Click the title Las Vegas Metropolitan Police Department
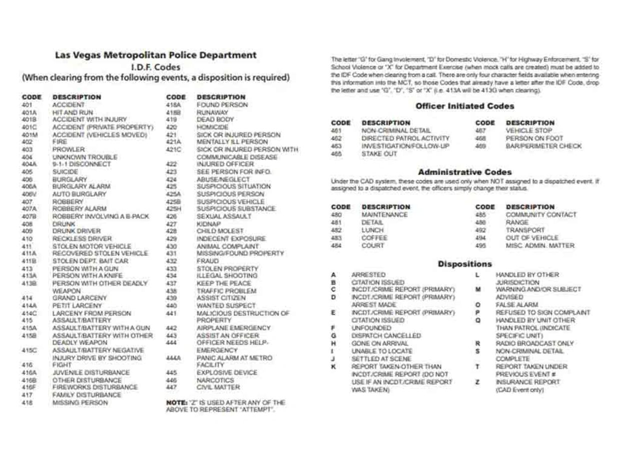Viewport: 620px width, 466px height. point(156,55)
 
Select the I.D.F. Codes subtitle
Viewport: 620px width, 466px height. point(156,66)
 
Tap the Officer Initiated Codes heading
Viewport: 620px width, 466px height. point(464,106)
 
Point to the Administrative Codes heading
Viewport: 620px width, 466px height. point(464,172)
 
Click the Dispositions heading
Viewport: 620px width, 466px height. point(464,263)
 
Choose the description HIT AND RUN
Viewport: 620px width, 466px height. point(73,112)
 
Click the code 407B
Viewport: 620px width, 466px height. point(29,216)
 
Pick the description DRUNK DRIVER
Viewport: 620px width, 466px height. point(76,231)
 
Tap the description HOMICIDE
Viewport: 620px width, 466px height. point(212,127)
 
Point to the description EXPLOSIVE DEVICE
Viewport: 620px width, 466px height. point(227,372)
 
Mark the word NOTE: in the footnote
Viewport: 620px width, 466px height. point(174,402)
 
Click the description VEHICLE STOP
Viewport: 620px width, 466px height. point(528,130)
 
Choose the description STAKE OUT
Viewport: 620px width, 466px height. point(379,154)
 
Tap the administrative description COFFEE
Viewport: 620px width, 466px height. point(374,238)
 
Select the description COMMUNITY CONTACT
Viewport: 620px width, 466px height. point(540,214)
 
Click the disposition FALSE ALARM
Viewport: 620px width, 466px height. point(516,304)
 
